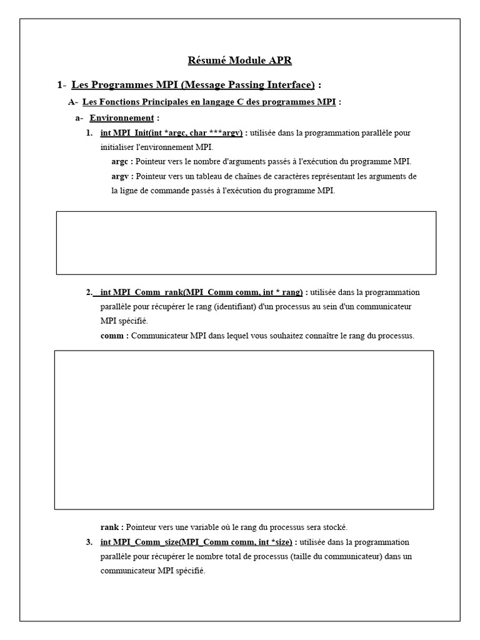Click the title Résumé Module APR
[x=240, y=61]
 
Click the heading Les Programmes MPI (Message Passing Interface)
[x=193, y=84]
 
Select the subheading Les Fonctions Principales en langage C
[x=209, y=101]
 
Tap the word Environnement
[x=121, y=117]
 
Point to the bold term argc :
[x=122, y=161]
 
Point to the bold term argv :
[x=122, y=176]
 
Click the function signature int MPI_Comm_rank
[x=201, y=292]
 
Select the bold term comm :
[x=115, y=336]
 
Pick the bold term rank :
[x=112, y=527]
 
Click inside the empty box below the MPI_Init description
[x=246, y=242]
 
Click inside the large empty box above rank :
[x=244, y=429]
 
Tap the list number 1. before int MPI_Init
[x=89, y=132]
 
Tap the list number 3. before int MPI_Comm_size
[x=89, y=542]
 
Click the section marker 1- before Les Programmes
[x=61, y=84]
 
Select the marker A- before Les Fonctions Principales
[x=73, y=101]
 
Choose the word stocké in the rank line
[x=334, y=527]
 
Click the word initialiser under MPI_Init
[x=121, y=147]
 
